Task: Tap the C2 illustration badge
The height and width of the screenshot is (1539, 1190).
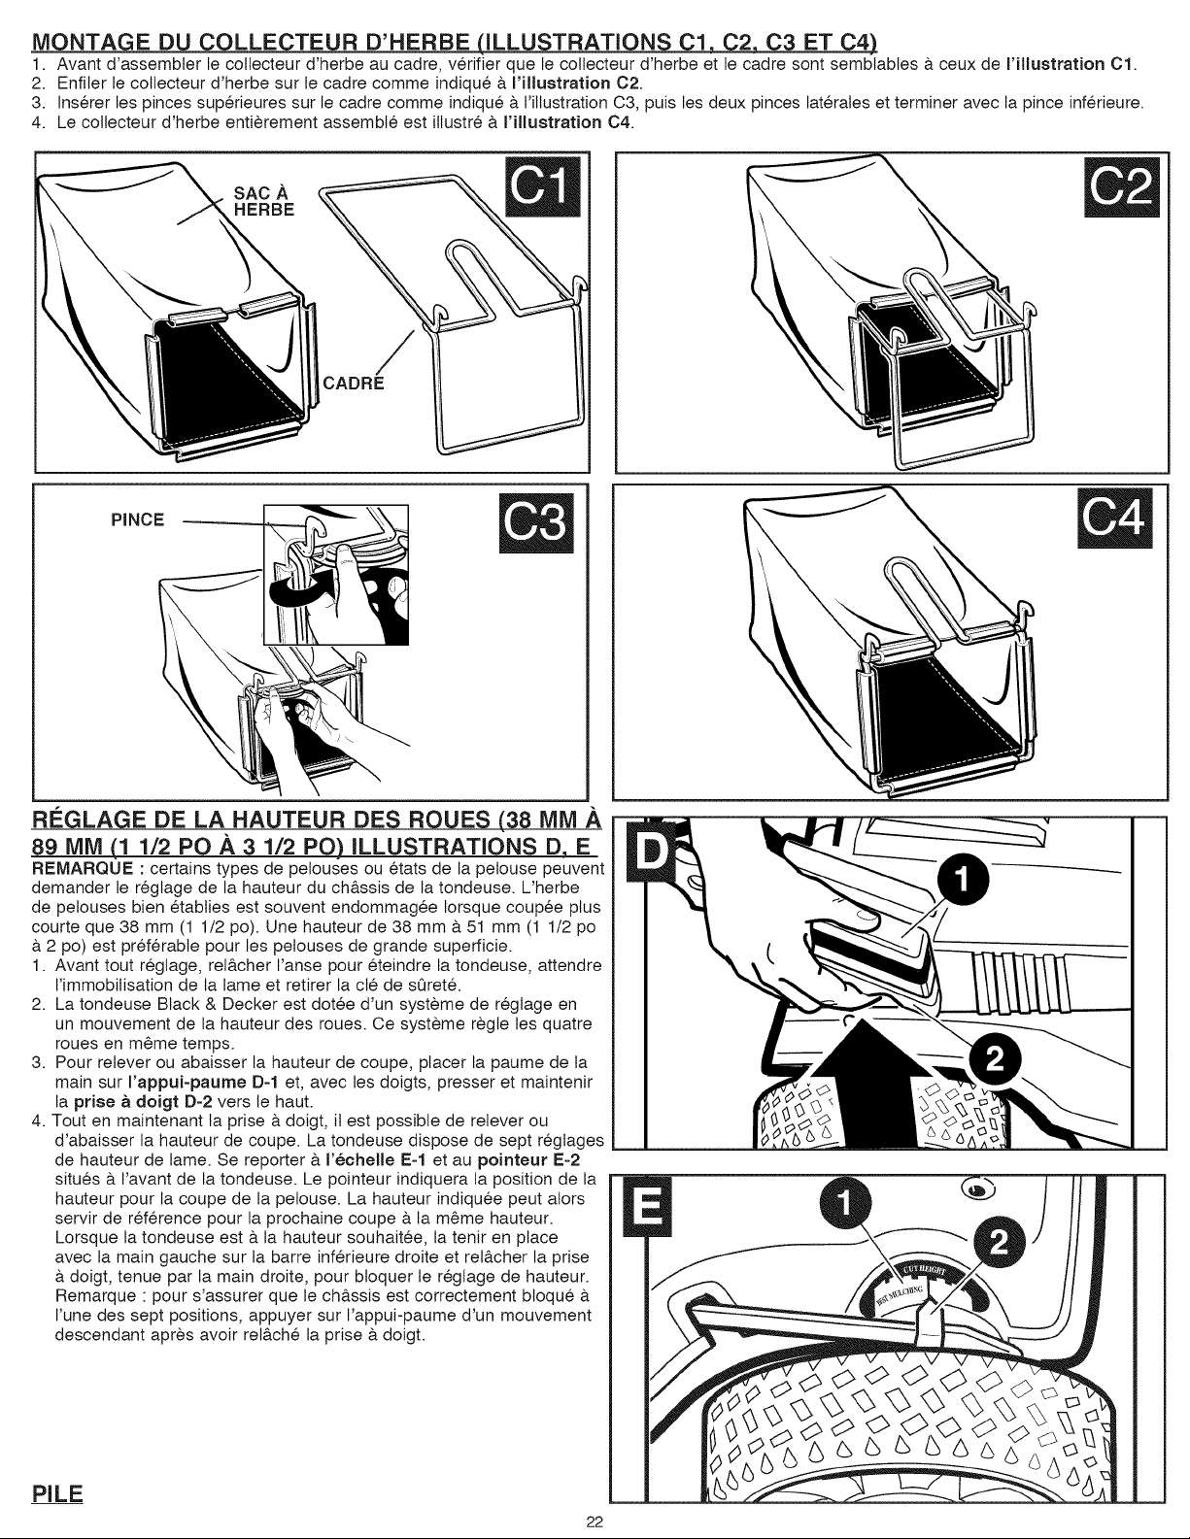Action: tap(1122, 186)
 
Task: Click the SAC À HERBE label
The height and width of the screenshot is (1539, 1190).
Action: tap(264, 201)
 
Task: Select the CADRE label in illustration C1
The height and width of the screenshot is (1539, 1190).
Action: tap(353, 384)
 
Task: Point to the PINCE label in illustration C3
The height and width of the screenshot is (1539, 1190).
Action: tap(137, 519)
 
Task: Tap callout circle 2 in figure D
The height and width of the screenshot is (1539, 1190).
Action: tap(995, 1060)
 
